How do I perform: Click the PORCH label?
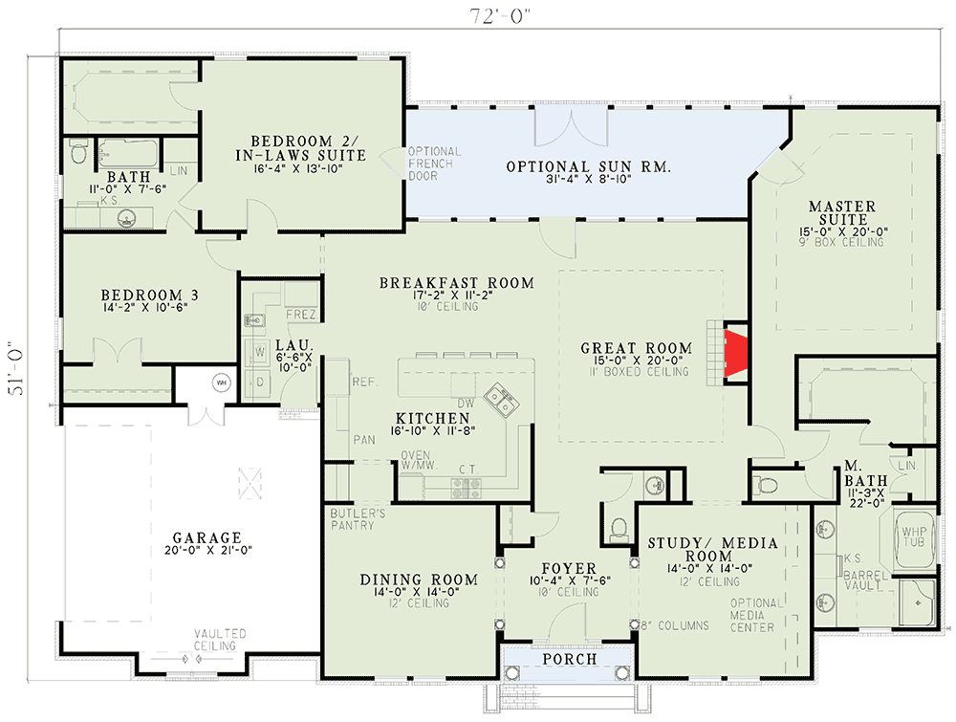click(x=569, y=659)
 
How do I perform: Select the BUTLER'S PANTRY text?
click(x=353, y=519)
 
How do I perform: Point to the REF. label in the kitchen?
click(x=364, y=381)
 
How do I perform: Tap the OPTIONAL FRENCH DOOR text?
click(x=434, y=164)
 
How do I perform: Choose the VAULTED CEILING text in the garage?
click(x=221, y=640)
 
